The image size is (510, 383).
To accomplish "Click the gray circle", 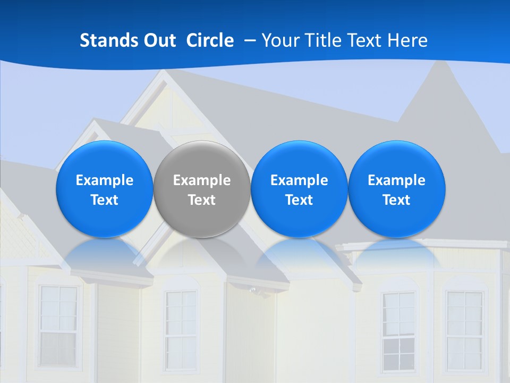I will click(202, 189).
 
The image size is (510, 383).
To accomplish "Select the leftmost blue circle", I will click(105, 189).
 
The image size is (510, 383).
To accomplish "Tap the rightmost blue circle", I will click(396, 189).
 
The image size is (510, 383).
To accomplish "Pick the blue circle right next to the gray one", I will click(299, 189).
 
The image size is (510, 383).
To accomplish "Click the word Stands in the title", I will click(108, 40).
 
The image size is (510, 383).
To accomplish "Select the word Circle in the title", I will click(210, 40).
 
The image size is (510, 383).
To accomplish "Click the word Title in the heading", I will click(320, 40).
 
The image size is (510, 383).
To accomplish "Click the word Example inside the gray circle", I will click(202, 180).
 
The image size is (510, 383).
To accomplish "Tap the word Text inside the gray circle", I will click(202, 200).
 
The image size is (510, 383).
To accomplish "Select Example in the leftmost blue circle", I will click(105, 180).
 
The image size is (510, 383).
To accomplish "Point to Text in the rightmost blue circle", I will click(396, 200).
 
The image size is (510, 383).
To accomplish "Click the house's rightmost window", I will click(464, 330).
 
